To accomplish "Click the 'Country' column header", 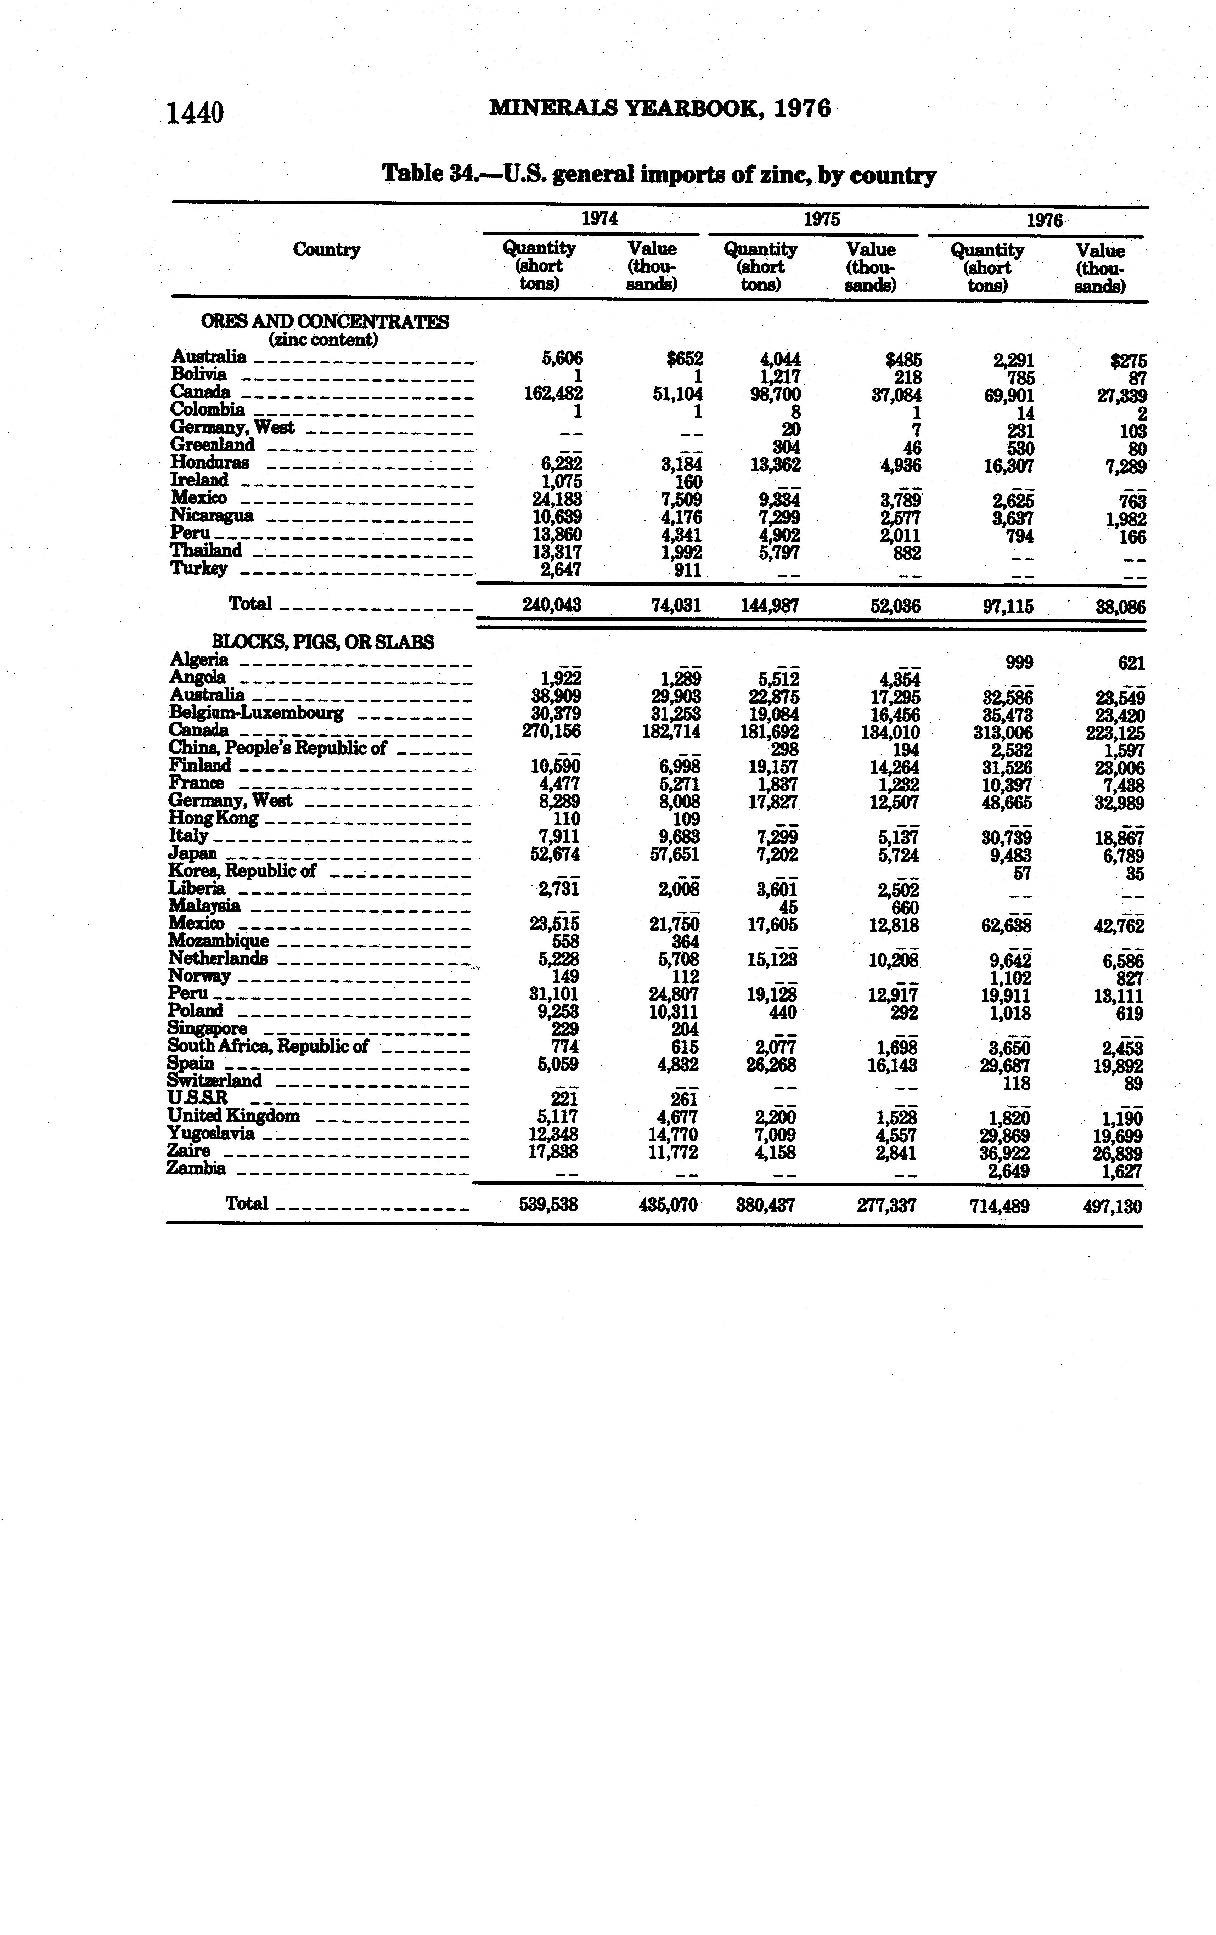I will tap(326, 250).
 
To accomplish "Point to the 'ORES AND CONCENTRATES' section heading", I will tap(325, 321).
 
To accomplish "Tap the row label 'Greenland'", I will tap(212, 444).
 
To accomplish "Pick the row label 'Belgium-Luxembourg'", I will tap(257, 713).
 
